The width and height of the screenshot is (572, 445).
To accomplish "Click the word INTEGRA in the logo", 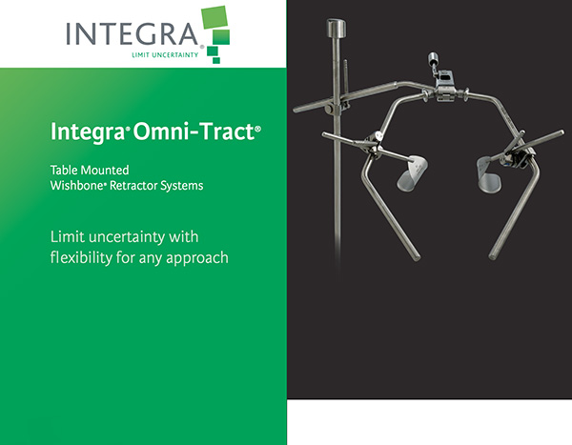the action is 133,33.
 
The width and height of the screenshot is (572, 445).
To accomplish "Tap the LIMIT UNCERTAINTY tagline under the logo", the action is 165,55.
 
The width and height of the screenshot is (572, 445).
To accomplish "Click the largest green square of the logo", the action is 214,17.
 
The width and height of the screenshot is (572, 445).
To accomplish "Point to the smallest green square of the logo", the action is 216,60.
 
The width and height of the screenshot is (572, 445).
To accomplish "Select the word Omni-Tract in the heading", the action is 194,131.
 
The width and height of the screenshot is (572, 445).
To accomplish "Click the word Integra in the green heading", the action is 88,132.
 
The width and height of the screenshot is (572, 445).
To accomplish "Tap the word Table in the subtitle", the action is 64,170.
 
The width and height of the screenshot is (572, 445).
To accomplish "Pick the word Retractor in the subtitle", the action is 133,185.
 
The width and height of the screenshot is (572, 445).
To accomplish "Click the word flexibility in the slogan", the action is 81,257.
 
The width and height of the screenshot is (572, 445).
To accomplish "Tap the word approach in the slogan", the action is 197,258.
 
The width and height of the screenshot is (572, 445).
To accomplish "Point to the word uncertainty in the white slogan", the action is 127,237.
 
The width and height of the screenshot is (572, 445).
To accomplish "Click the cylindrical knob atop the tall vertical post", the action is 336,28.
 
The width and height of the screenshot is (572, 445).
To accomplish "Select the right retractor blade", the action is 489,174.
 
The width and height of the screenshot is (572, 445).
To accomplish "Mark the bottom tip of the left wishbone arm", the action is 417,258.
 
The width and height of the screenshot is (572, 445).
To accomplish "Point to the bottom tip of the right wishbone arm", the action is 493,256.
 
